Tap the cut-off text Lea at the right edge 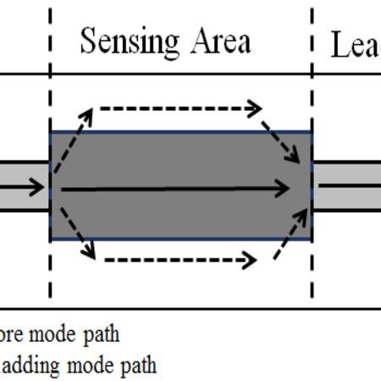coord(354,46)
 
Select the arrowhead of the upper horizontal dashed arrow coord(254,108)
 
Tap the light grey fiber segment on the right coord(347,185)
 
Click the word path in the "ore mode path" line coord(100,334)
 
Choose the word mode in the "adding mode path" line coord(83,366)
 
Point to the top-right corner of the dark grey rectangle coord(312,132)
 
